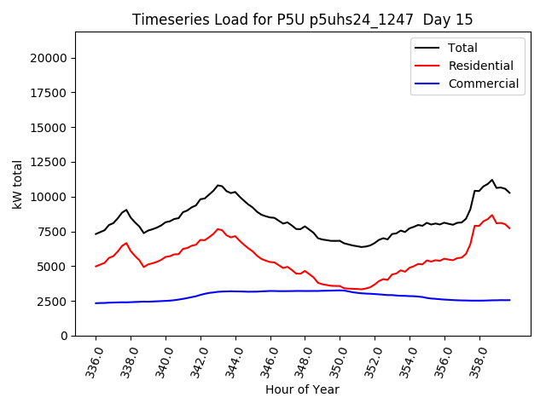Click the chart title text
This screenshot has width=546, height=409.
pos(302,19)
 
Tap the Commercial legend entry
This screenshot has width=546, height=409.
pos(483,84)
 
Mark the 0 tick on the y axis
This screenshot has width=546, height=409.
pos(64,336)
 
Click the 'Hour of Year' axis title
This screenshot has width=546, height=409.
pos(302,389)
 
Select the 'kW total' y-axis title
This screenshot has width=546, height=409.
pos(17,184)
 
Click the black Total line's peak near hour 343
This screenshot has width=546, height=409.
pos(218,185)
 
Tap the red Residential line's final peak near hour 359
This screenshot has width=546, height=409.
pos(492,215)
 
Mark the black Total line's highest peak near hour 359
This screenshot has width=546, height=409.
pos(492,180)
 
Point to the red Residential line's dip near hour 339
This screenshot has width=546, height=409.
pos(144,267)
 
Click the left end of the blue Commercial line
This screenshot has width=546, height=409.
pos(96,303)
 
